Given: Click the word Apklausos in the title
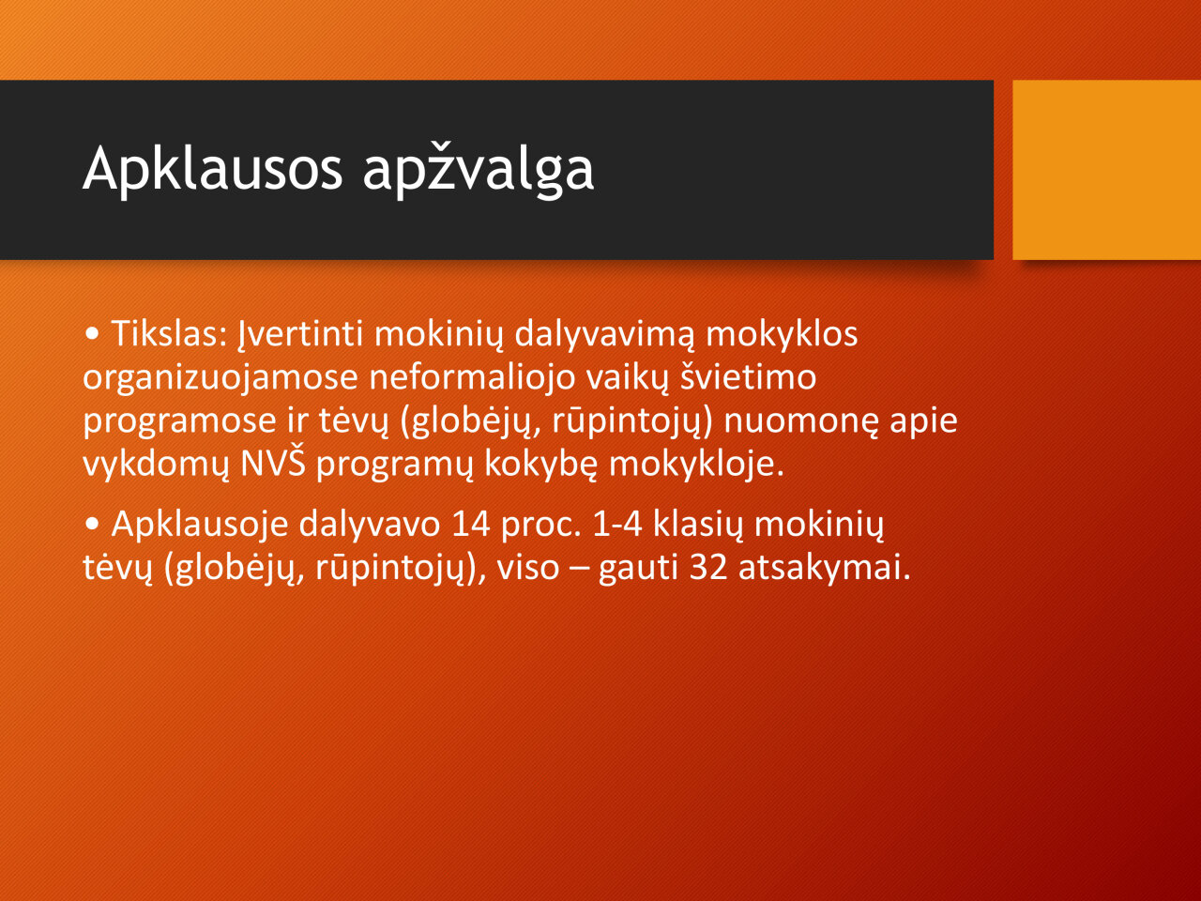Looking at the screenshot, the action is pyautogui.click(x=213, y=170).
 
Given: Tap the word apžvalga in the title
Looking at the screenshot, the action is pyautogui.click(x=479, y=170).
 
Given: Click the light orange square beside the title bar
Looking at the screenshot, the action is pyautogui.click(x=1107, y=170).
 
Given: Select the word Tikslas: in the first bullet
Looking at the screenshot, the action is pyautogui.click(x=169, y=333).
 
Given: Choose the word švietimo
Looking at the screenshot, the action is pyautogui.click(x=749, y=376).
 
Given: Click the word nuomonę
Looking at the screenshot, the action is pyautogui.click(x=801, y=421).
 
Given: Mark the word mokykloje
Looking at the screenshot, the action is pyautogui.click(x=696, y=465).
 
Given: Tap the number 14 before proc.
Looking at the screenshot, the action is pyautogui.click(x=471, y=524).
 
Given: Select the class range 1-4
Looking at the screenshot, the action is pyautogui.click(x=617, y=524).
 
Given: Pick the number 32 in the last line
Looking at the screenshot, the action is pyautogui.click(x=708, y=567).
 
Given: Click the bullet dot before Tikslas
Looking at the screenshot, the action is pyautogui.click(x=92, y=334).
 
